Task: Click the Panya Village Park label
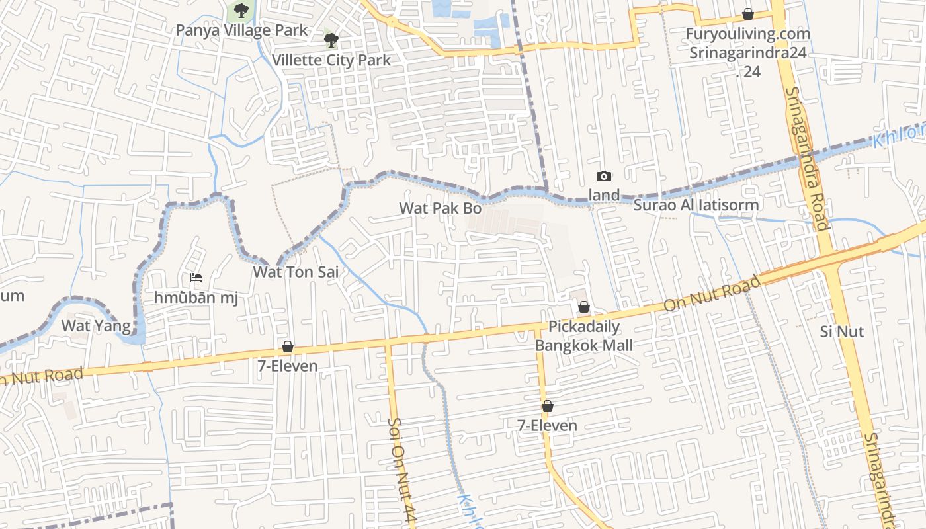tap(241, 30)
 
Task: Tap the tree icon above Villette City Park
tap(331, 40)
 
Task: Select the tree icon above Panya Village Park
tap(241, 10)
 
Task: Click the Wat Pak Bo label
tap(440, 208)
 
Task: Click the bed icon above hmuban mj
tap(196, 278)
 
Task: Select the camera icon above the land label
tap(604, 176)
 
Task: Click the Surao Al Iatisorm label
tap(696, 205)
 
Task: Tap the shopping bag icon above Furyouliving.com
tap(748, 14)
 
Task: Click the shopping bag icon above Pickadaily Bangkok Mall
tap(584, 307)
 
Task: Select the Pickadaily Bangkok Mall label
tap(584, 336)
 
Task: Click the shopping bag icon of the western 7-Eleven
tap(288, 346)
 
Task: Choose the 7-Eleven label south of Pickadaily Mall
tap(547, 426)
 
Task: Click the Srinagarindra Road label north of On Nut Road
tap(808, 159)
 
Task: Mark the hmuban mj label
tap(196, 298)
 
